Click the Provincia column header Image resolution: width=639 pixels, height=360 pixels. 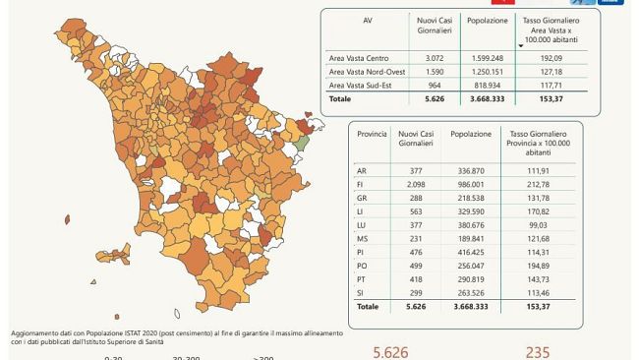pos(372,132)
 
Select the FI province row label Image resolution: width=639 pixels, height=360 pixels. pos(362,183)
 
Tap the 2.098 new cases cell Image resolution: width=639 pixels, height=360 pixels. pos(407,183)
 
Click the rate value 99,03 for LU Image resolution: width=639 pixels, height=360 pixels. pos(535,223)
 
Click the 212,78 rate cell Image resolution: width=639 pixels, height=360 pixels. pos(535,183)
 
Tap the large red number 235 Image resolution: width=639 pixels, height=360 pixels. pos(537,352)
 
